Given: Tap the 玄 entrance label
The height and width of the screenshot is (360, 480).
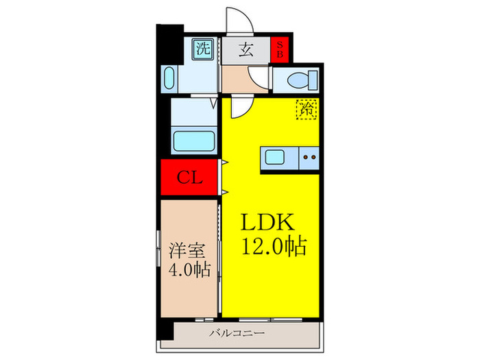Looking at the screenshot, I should coord(244,49).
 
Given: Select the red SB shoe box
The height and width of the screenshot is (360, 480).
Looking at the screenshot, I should coord(279,49).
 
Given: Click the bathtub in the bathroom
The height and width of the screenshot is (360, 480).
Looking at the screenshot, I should coord(195,141).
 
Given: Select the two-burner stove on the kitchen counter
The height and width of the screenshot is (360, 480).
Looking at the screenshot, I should coord(309,158).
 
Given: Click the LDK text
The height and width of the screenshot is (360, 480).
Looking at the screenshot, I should coord(267,222).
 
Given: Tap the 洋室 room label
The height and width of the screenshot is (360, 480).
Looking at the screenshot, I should coord(184,248).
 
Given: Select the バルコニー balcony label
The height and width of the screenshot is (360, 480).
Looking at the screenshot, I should coord(237,334).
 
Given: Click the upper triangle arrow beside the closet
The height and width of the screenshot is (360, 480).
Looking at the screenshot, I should coord(224,163).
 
